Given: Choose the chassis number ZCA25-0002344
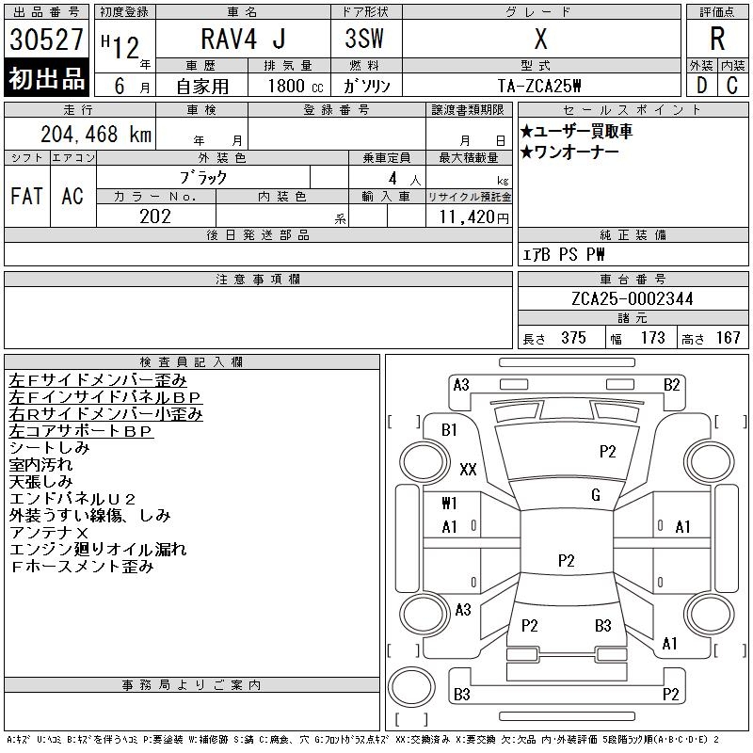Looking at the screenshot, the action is point(633,298).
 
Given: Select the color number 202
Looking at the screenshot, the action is point(155,216).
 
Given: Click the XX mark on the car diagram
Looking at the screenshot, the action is point(468,469).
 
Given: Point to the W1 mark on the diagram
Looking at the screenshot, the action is point(449,503).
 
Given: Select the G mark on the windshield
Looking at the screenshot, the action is point(595,494).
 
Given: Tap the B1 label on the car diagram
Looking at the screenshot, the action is point(449,429).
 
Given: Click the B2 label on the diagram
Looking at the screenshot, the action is point(671,384).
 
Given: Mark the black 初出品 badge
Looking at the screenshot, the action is point(46,79).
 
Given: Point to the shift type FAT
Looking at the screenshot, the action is point(26,196).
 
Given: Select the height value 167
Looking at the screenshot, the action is point(728,337).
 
